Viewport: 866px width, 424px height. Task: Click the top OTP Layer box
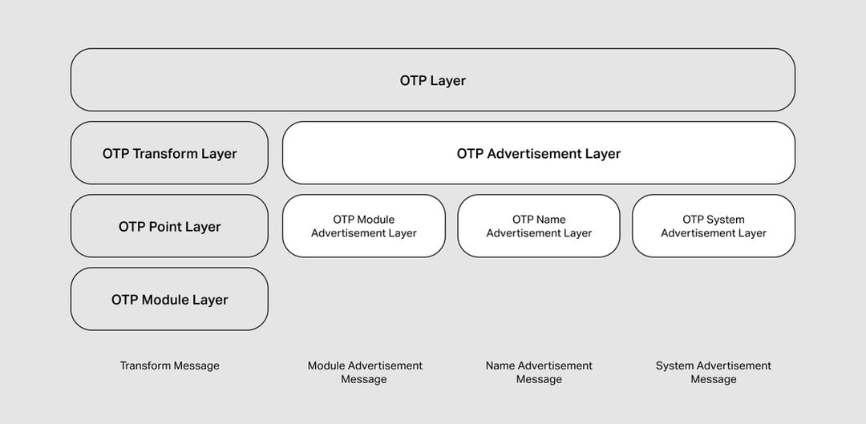pyautogui.click(x=433, y=80)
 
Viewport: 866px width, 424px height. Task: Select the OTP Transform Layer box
pyautogui.click(x=169, y=153)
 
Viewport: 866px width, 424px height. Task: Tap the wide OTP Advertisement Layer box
pyautogui.click(x=539, y=153)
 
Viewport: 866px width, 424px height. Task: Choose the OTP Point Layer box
pyautogui.click(x=169, y=226)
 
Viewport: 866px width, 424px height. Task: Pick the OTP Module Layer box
pyautogui.click(x=169, y=299)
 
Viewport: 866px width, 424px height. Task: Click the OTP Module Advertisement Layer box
pyautogui.click(x=364, y=226)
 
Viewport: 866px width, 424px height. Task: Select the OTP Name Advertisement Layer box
pyautogui.click(x=539, y=226)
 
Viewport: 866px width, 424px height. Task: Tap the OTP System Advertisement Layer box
pyautogui.click(x=714, y=226)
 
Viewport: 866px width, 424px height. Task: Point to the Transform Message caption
pyautogui.click(x=169, y=365)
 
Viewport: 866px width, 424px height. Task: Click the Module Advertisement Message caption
pyautogui.click(x=364, y=372)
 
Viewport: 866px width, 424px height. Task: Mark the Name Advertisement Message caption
pyautogui.click(x=539, y=372)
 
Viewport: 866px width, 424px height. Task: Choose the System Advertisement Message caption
pyautogui.click(x=714, y=372)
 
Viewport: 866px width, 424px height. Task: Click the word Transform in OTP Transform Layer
pyautogui.click(x=165, y=153)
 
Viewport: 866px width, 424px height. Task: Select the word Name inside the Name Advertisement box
pyautogui.click(x=550, y=220)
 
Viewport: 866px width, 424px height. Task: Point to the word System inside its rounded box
pyautogui.click(x=726, y=220)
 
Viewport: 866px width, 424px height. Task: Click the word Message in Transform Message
pyautogui.click(x=194, y=365)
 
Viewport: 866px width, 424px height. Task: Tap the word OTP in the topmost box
pyautogui.click(x=413, y=80)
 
